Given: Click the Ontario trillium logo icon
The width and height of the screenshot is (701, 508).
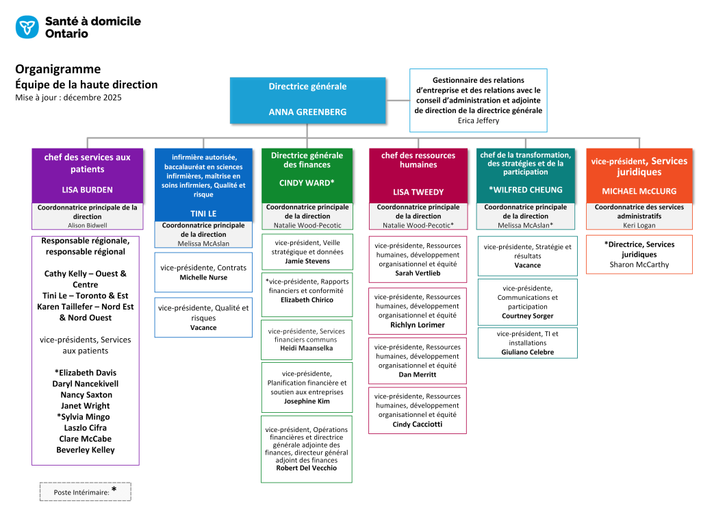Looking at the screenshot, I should [x=27, y=27].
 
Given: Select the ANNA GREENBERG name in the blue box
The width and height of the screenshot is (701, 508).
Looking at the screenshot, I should [x=307, y=112].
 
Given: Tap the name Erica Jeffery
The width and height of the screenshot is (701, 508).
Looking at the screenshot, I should [x=479, y=120].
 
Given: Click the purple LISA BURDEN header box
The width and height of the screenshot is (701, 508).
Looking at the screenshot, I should [x=88, y=175].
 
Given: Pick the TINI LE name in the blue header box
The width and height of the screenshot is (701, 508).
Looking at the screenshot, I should [x=203, y=214].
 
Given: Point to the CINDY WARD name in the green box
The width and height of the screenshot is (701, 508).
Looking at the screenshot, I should [x=307, y=183].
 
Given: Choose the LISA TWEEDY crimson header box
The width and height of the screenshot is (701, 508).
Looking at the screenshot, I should [x=418, y=175].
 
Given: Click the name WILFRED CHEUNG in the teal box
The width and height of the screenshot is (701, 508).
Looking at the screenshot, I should [x=526, y=190].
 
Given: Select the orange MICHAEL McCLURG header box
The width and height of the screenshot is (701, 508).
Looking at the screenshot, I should [x=639, y=175].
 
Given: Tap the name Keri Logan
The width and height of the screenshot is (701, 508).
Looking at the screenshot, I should [x=639, y=225].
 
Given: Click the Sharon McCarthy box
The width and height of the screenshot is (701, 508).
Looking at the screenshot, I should [x=639, y=254].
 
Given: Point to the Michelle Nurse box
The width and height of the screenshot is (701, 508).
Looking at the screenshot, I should [x=203, y=272].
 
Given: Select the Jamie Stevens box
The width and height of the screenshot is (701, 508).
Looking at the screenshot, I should [x=307, y=251].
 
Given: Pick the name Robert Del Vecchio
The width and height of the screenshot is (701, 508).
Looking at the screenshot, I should [x=307, y=468].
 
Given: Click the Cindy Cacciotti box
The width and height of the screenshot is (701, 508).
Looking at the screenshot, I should [x=418, y=410].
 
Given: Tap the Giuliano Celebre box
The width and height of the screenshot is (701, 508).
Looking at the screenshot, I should [x=527, y=343].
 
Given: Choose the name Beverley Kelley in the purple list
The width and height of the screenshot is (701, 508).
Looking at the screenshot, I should [x=86, y=450].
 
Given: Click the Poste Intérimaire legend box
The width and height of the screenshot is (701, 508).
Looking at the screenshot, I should [x=85, y=491].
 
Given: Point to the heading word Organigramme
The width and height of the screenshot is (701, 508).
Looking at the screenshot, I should [x=58, y=69].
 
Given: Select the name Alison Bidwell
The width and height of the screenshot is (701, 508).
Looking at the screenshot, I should [x=88, y=225].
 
